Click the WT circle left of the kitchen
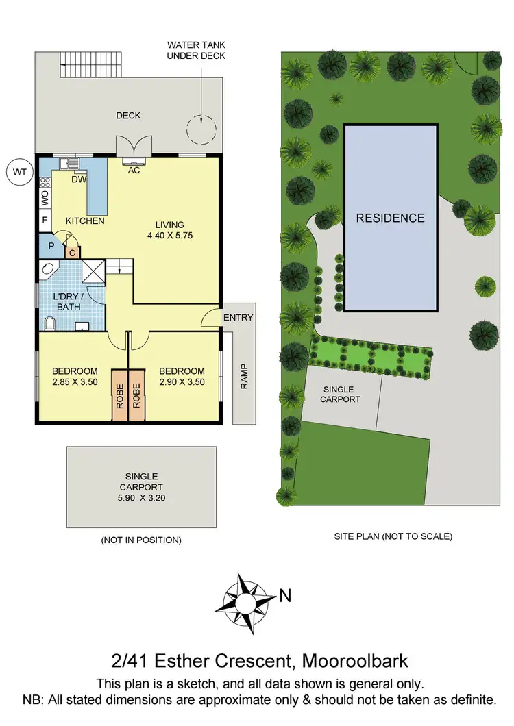pyautogui.click(x=19, y=173)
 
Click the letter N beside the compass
pyautogui.click(x=285, y=596)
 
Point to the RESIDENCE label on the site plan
pyautogui.click(x=390, y=218)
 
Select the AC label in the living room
pyautogui.click(x=134, y=170)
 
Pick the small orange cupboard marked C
pyautogui.click(x=73, y=252)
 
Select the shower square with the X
pyautogui.click(x=94, y=271)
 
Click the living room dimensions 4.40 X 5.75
pyautogui.click(x=170, y=236)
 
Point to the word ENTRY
pyautogui.click(x=238, y=317)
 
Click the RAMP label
pyautogui.click(x=244, y=376)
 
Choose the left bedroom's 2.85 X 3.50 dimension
pyautogui.click(x=75, y=382)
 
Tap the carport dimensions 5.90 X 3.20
pyautogui.click(x=141, y=498)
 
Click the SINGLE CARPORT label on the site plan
pyautogui.click(x=341, y=394)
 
